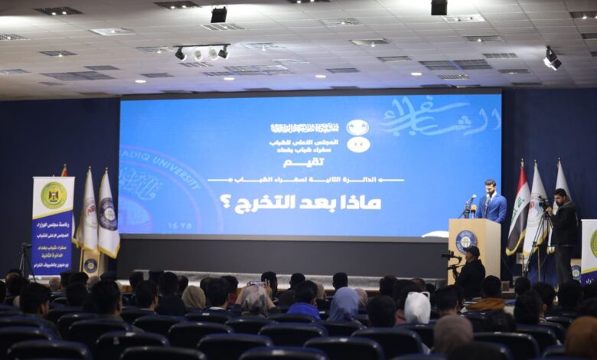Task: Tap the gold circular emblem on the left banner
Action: click(53, 195)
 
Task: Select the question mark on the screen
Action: click(225, 202)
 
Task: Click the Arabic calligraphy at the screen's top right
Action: click(440, 117)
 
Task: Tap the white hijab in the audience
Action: click(417, 307)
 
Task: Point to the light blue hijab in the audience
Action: click(344, 303)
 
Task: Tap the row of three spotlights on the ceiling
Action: click(201, 53)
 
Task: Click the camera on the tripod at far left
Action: click(26, 248)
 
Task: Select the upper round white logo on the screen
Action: click(357, 127)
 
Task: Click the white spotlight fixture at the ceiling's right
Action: click(552, 59)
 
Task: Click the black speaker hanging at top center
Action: click(219, 15)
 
